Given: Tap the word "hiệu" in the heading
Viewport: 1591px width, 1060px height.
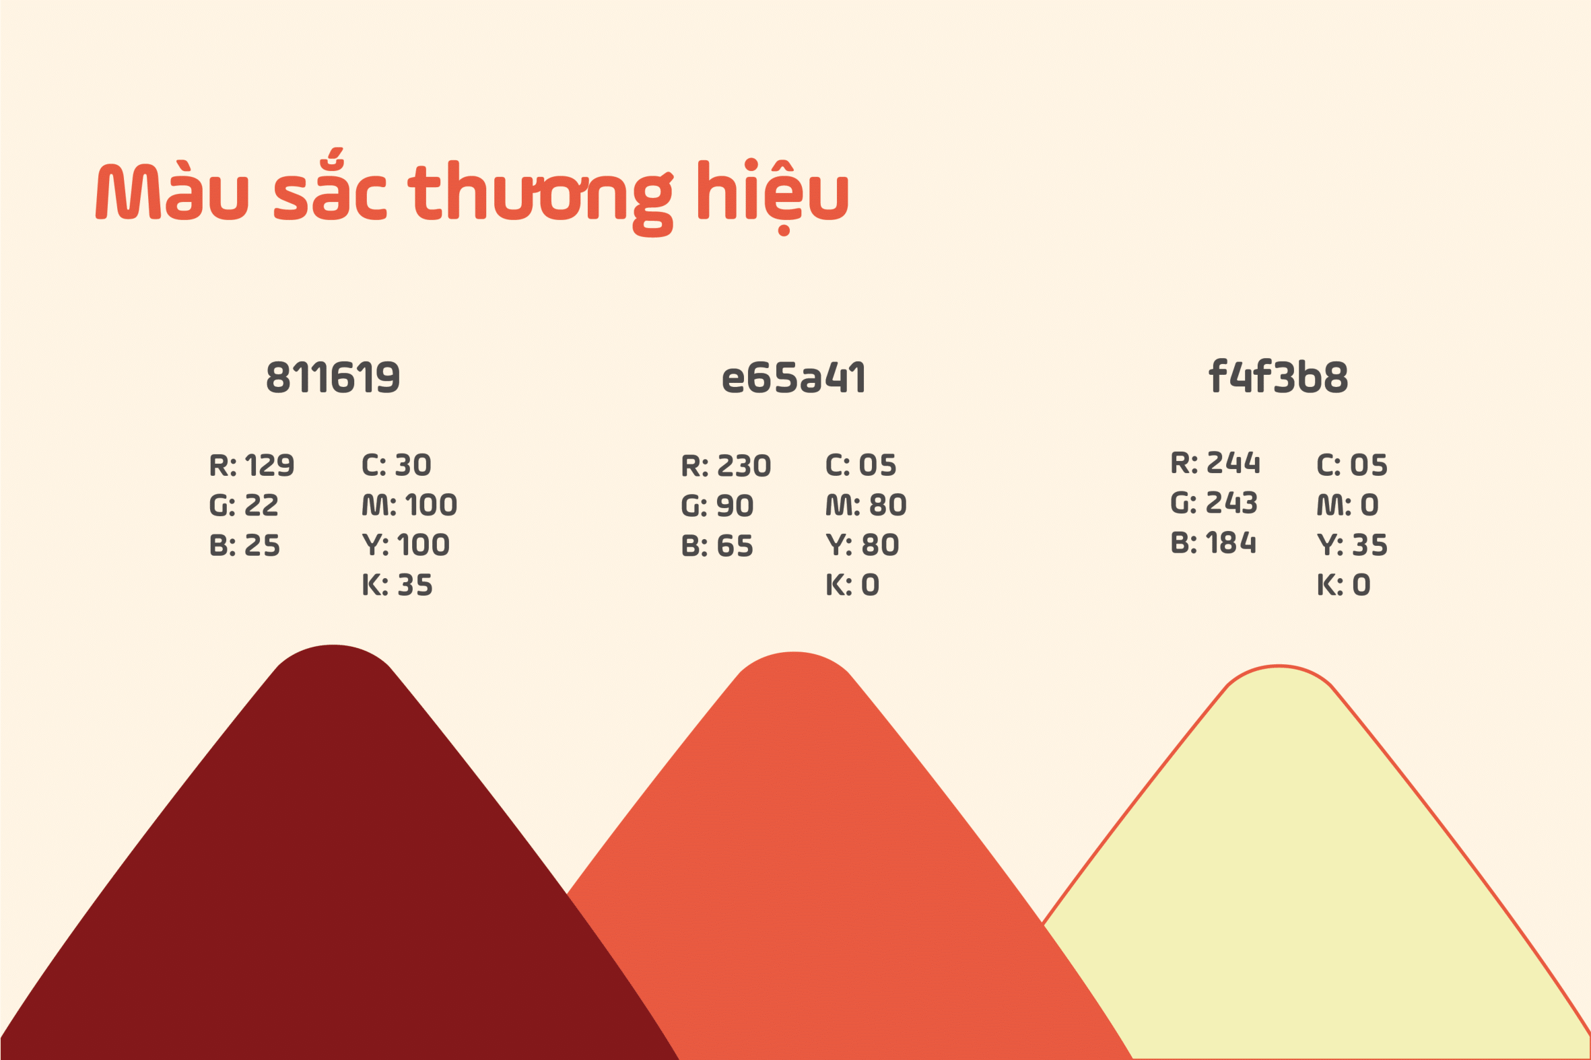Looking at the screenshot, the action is point(773,196).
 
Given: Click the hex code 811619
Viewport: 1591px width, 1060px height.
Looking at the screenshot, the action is point(333,377).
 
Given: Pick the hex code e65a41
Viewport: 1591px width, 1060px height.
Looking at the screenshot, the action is point(794,377).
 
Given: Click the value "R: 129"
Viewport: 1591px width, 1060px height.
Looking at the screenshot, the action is point(252,465).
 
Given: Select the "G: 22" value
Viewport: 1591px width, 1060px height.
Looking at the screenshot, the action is point(244,505).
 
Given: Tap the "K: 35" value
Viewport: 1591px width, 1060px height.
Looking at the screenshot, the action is point(397,585).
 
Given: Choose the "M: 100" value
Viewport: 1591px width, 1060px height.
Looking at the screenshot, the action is point(410,505).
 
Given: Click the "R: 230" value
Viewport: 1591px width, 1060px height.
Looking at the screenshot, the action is point(726,466).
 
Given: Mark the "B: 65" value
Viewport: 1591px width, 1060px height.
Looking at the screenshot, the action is point(717,546).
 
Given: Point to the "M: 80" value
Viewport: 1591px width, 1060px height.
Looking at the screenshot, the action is point(866,505).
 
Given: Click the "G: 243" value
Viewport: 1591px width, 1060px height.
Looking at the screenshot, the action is point(1215,503).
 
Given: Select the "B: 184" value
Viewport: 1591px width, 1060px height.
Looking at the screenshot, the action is point(1214,543).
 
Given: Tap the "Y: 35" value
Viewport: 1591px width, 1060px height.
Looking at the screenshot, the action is point(1352,545).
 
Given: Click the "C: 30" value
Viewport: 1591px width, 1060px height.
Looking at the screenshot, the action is point(396,465).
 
